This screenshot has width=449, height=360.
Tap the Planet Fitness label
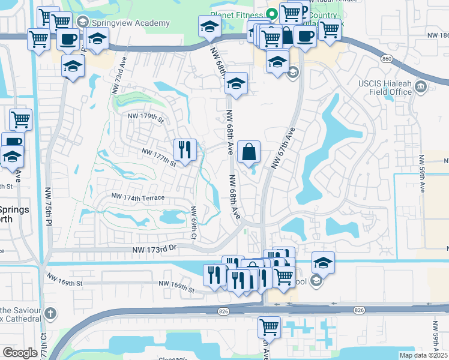tap(235, 14)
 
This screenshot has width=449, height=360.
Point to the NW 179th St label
tap(143, 119)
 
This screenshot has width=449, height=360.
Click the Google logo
tap(20, 353)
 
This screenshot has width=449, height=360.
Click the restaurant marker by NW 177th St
tap(185, 149)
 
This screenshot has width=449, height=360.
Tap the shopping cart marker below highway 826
tap(269, 328)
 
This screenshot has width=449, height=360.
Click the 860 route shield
tap(387, 59)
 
